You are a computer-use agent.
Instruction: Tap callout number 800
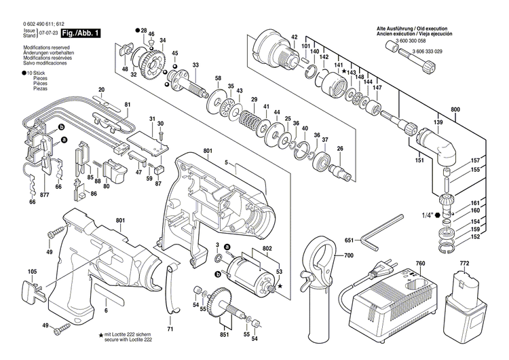click(x=455, y=109)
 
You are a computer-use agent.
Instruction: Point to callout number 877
click(x=45, y=195)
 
